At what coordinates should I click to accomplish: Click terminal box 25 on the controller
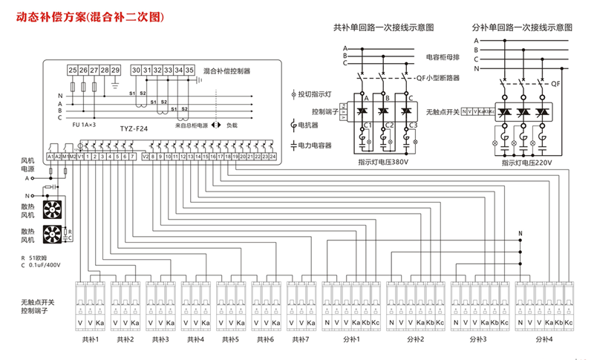click(73, 70)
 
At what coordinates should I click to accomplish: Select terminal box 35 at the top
click(190, 70)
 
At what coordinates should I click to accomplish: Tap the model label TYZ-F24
click(134, 128)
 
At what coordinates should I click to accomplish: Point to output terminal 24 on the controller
click(273, 157)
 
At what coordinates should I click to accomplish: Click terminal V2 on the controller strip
click(146, 157)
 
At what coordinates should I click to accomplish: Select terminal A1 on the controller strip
click(50, 157)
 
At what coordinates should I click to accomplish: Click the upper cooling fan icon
click(53, 209)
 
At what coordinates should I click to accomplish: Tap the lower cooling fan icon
click(53, 235)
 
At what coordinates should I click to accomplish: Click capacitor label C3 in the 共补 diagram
click(411, 126)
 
